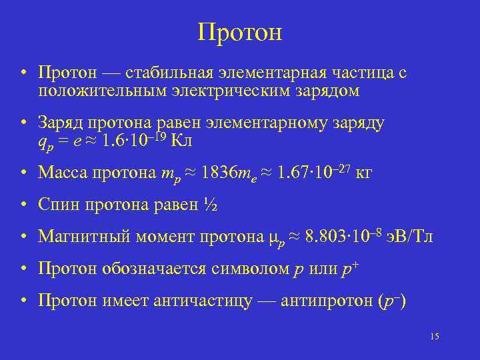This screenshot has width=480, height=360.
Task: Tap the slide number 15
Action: pyautogui.click(x=435, y=336)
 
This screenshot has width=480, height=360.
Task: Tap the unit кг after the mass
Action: pyautogui.click(x=364, y=173)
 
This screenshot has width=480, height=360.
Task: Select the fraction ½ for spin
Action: pyautogui.click(x=210, y=205)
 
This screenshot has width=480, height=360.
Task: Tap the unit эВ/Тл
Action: pyautogui.click(x=409, y=237)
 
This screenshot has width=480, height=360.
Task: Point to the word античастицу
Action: pyautogui.click(x=203, y=301)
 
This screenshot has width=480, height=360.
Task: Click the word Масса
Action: pyautogui.click(x=61, y=173)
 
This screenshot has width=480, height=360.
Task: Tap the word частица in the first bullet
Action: pyautogui.click(x=365, y=73)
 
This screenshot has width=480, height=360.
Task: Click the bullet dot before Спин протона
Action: pyautogui.click(x=24, y=205)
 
